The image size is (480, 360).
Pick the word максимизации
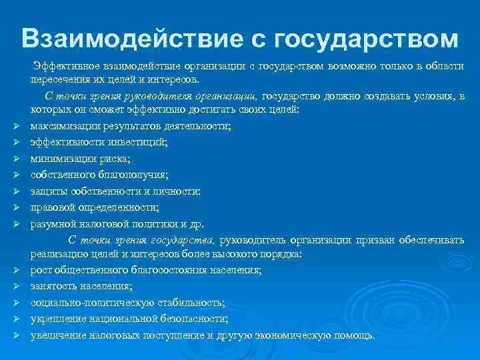[x=62, y=127]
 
